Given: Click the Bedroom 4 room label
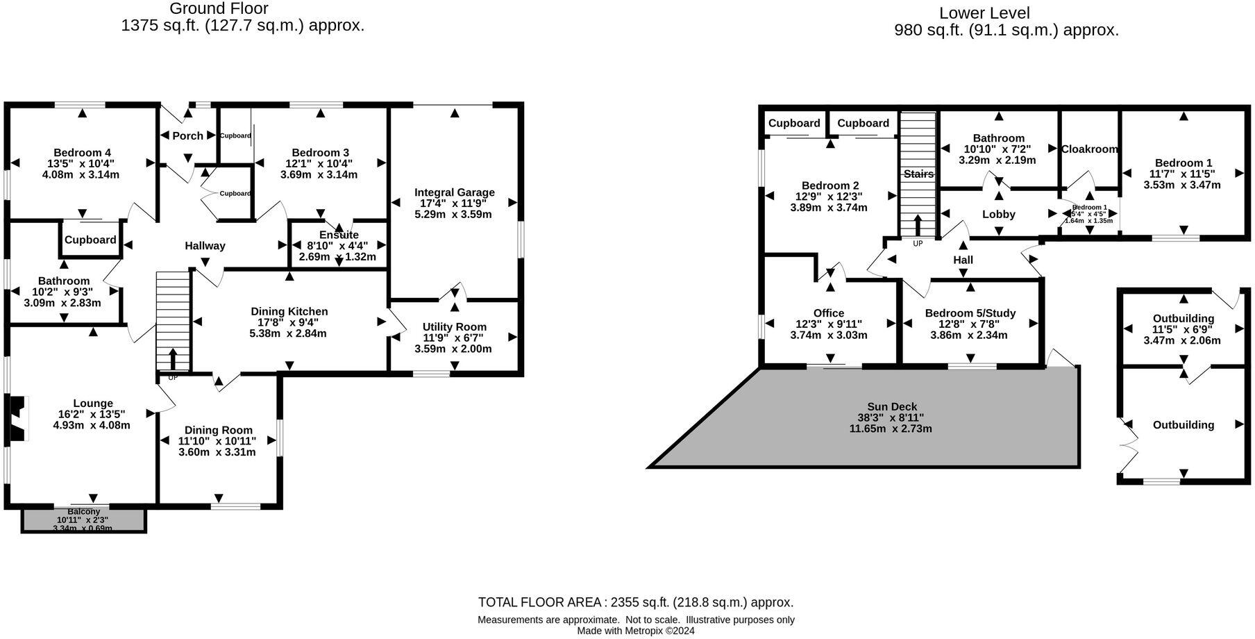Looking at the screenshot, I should tap(82, 153).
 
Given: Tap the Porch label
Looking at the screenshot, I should tap(187, 135).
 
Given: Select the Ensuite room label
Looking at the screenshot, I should tap(339, 235).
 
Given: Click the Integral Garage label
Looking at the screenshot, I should tap(454, 192).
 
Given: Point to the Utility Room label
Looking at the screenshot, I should tap(454, 326).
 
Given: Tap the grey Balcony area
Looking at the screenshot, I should tap(83, 521).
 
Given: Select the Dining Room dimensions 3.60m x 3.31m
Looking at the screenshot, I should tap(217, 452).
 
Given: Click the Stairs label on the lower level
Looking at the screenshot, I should tap(918, 174).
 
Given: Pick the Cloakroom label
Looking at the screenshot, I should tap(1089, 149).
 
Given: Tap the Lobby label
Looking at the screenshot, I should tap(998, 215).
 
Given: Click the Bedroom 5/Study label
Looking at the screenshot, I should tap(970, 313).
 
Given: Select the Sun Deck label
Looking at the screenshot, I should tap(891, 407).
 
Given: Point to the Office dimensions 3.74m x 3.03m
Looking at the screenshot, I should tap(828, 335).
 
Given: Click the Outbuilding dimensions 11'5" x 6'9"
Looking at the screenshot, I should tap(1183, 329).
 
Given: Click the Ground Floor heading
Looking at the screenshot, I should tap(219, 9).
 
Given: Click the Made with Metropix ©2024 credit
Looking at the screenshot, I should tap(635, 631).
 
